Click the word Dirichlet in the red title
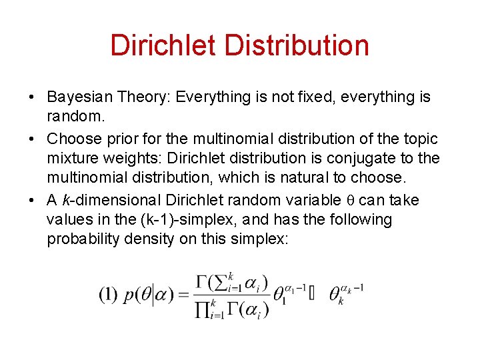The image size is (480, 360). coord(163,45)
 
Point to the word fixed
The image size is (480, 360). coord(300,97)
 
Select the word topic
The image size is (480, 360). coord(419,139)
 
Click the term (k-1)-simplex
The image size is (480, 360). coord(157,220)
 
